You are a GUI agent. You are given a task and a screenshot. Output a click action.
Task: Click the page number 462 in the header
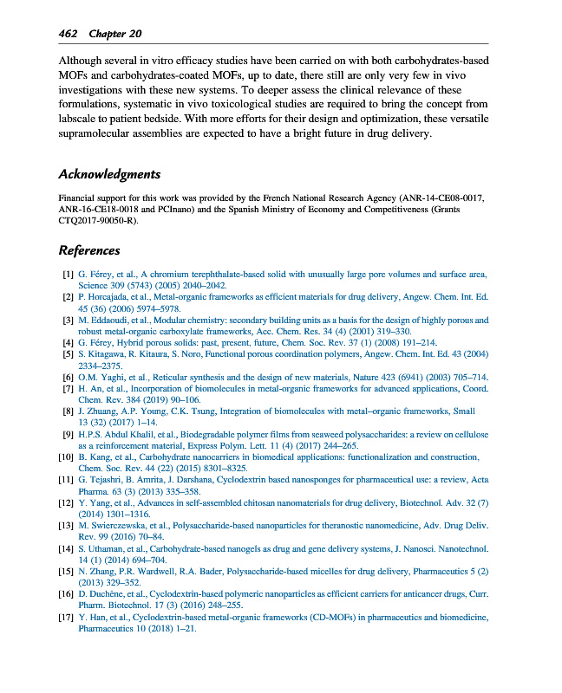coord(68,34)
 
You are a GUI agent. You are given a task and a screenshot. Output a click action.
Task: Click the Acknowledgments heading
coord(109,174)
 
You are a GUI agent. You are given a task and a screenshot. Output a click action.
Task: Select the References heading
coord(88,250)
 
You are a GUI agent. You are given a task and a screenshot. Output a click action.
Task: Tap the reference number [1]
coord(65,275)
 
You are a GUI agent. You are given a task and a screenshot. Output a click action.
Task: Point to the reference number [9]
coord(65,432)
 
